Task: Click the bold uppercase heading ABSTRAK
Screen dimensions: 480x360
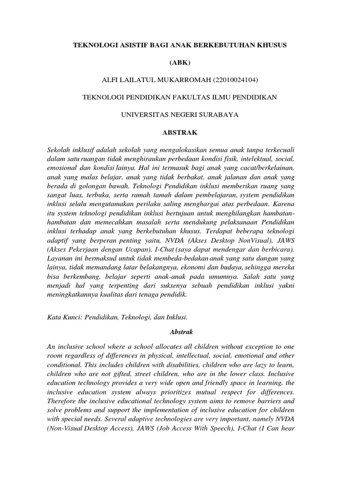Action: (x=180, y=133)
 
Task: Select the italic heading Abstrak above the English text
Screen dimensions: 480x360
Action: (x=180, y=332)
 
